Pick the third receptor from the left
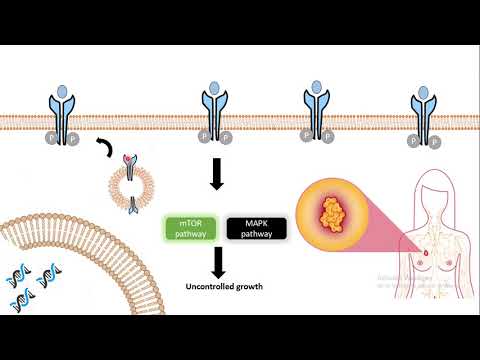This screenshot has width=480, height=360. (317, 111)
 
